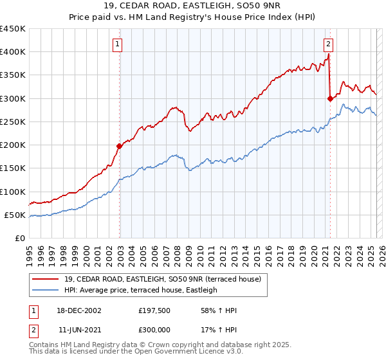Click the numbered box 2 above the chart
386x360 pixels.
tap(328, 44)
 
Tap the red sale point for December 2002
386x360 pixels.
tap(120, 146)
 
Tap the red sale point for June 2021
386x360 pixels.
tap(330, 98)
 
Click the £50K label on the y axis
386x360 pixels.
tap(15, 215)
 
